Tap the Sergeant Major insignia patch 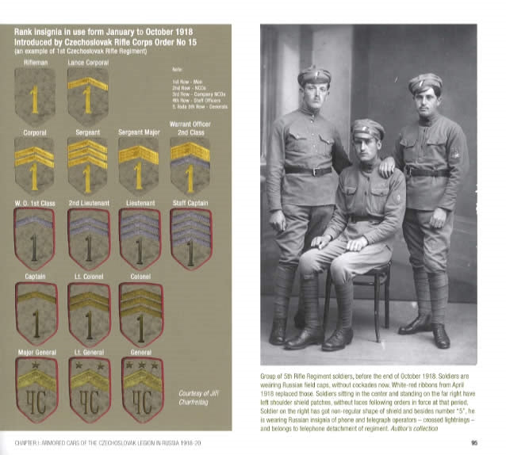[138, 164]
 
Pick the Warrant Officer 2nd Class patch [190, 164]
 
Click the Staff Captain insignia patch [190, 238]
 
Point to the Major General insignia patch [35, 389]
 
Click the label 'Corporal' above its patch [34, 132]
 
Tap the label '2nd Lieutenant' [87, 203]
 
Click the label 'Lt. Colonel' [87, 277]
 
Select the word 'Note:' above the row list [177, 70]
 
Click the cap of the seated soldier [367, 127]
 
